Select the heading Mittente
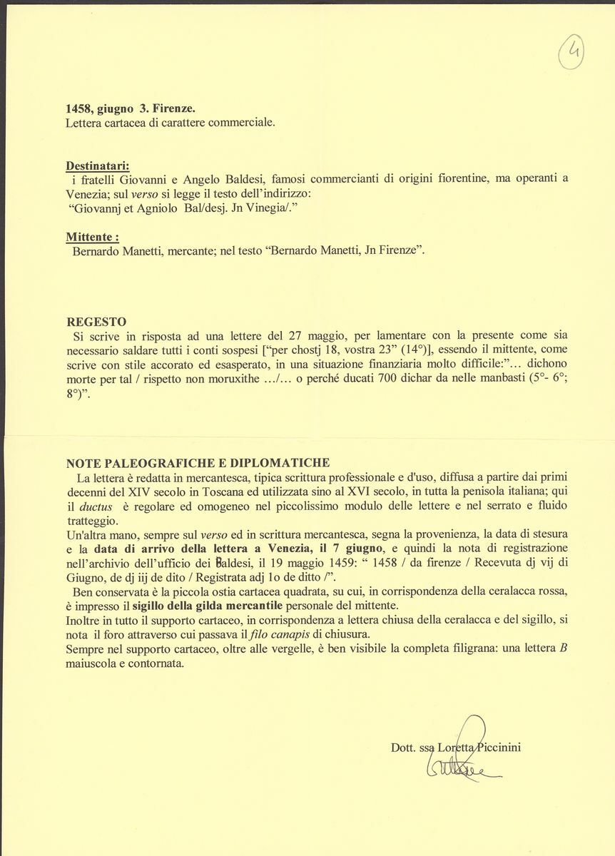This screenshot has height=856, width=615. (92, 237)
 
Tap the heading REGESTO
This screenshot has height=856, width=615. (96, 322)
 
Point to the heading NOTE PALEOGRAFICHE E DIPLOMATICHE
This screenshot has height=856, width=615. (198, 463)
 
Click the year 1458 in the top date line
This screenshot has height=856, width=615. (80, 109)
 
